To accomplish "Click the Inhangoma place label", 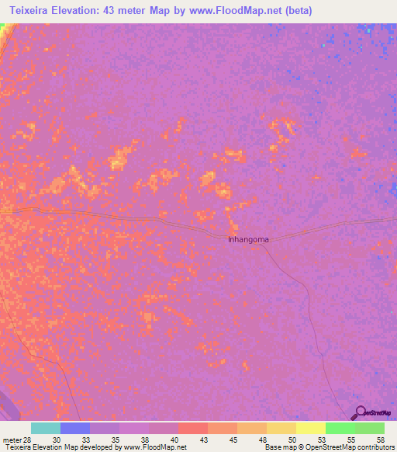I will click(x=248, y=239).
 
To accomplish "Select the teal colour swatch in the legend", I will click(x=45, y=429).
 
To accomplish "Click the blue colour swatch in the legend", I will click(x=74, y=429).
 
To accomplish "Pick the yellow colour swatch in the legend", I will click(x=310, y=429).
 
